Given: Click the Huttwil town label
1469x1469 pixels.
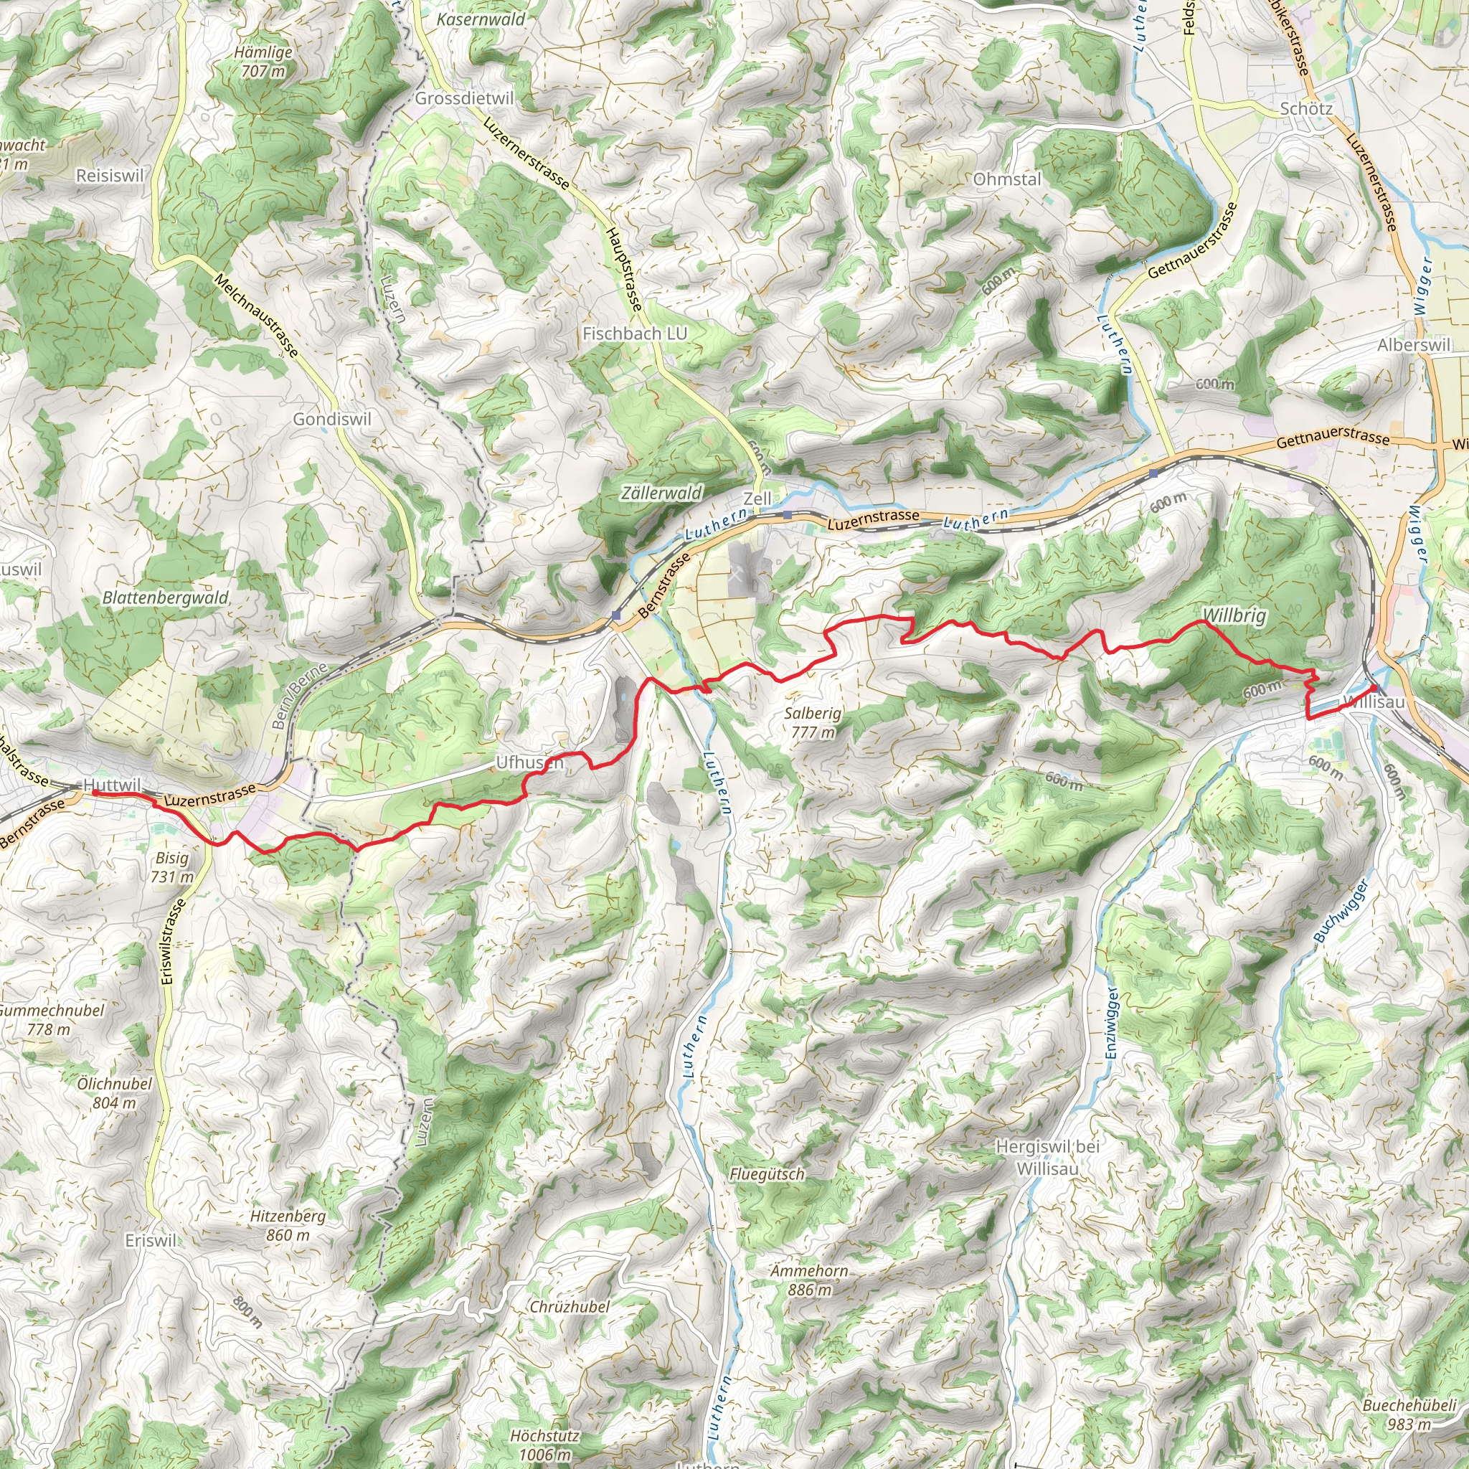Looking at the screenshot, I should pos(113,784).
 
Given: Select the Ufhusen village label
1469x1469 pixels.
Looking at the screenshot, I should pos(530,762).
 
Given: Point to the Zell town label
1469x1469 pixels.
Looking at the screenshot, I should pos(757,498).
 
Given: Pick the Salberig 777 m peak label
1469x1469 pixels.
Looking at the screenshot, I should pos(813,722).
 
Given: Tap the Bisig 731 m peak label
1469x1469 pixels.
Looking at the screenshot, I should pos(172,866).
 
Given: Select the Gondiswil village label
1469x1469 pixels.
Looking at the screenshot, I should pos(332,419).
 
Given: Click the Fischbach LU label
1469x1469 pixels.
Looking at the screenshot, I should pos(635,334).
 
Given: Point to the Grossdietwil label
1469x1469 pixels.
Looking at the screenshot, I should pos(465,98).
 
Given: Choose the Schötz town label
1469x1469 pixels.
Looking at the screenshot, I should pos(1306,109).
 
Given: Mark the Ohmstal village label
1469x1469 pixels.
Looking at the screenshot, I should pos(1008,179).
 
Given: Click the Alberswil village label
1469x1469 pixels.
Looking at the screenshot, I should pos(1414,344).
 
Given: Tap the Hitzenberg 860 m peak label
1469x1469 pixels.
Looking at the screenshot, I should pos(288,1226).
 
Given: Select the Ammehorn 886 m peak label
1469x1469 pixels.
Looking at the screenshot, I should pos(809,1280).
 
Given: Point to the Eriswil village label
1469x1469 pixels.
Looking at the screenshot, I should pos(151,1241).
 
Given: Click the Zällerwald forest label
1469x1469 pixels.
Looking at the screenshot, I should pos(661,493).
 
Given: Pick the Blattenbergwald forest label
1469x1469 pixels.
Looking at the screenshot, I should pos(166,597).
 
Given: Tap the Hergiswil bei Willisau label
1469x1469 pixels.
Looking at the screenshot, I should pos(1048,1157).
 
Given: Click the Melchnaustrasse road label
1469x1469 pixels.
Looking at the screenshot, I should pos(256,316).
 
